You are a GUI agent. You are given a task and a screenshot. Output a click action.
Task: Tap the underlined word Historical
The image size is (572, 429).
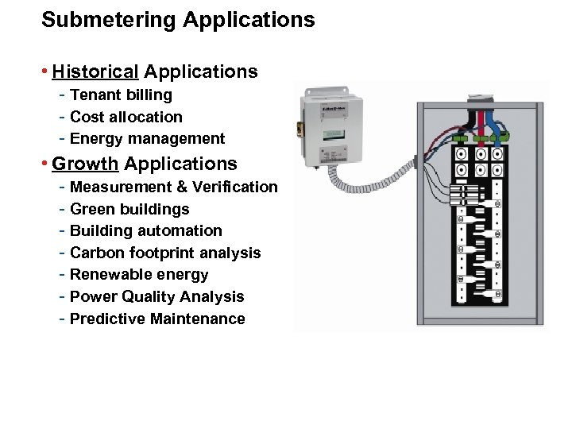pyautogui.click(x=95, y=72)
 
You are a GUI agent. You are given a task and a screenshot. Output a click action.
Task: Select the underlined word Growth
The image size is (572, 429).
pyautogui.click(x=85, y=164)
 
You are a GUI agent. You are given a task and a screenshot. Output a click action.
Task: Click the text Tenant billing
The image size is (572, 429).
pyautogui.click(x=121, y=95)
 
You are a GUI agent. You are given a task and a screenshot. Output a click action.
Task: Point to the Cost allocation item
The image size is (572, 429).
pyautogui.click(x=126, y=117)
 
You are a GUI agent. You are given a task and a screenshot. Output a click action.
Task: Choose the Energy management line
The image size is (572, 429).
pyautogui.click(x=147, y=139)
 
